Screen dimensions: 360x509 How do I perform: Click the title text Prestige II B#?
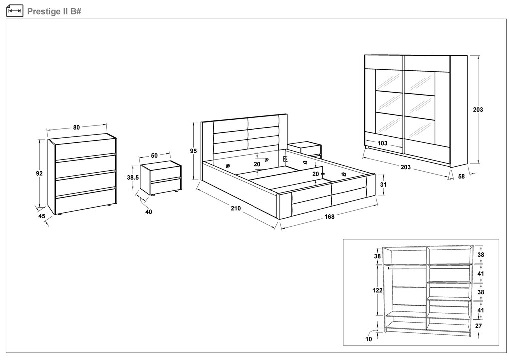(54, 11)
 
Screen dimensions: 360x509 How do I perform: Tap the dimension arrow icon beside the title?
(15, 11)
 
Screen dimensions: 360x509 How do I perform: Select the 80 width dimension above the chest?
(76, 128)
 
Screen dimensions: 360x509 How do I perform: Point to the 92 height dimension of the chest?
(39, 173)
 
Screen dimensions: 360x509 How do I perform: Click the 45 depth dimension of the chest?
(42, 216)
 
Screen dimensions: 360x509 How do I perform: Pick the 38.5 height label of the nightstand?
(132, 177)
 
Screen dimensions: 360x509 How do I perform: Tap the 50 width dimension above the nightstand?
(154, 156)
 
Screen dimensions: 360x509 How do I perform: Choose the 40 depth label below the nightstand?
(148, 212)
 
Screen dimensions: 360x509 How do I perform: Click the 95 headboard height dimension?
(194, 151)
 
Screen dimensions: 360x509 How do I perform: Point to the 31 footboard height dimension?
(383, 184)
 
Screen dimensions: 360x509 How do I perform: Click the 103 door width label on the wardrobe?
(383, 144)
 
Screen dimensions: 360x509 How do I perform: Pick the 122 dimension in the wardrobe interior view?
(378, 290)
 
